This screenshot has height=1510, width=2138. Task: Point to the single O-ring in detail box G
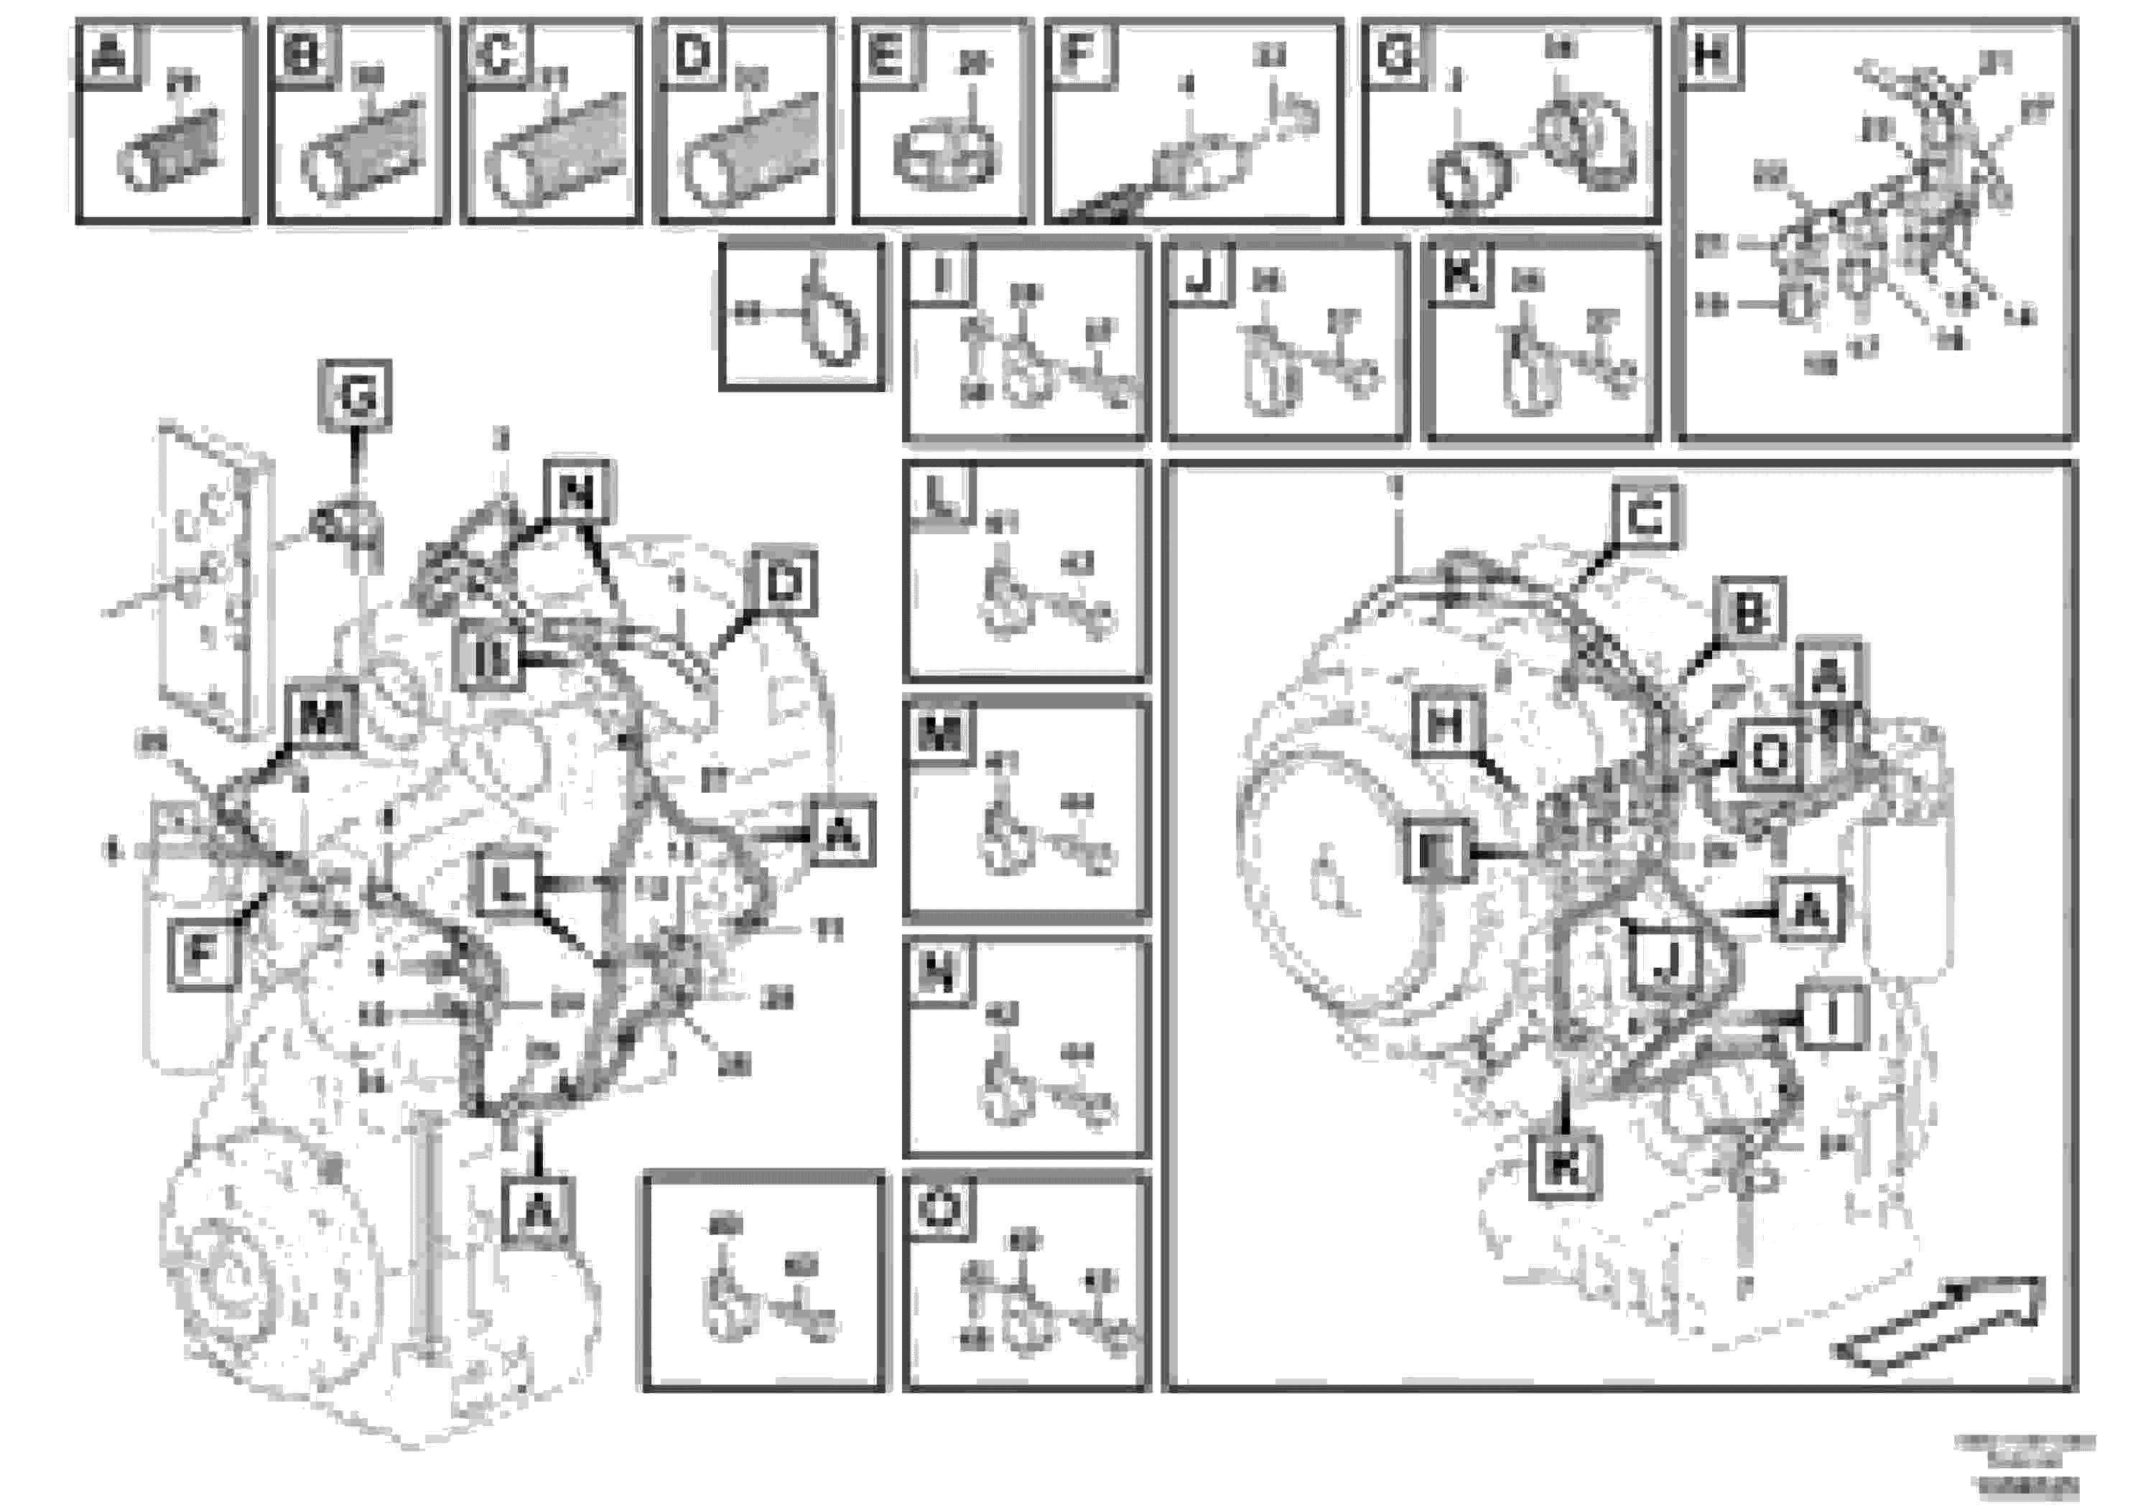[1469, 175]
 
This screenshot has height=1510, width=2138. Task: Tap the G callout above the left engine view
[355, 396]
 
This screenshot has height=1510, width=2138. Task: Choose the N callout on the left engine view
[577, 493]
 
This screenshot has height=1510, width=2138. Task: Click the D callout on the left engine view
[784, 584]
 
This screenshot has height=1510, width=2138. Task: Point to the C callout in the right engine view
[1645, 518]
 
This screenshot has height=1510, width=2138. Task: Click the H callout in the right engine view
[1445, 725]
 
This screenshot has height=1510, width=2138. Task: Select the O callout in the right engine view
[1767, 756]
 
